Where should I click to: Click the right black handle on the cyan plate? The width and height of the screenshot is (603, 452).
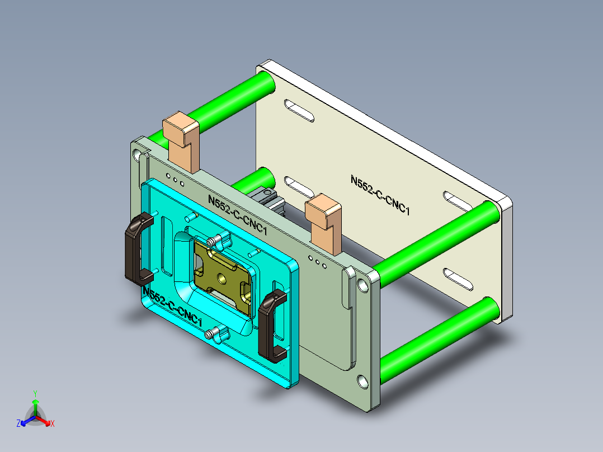272,324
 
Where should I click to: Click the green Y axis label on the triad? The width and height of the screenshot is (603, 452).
35,393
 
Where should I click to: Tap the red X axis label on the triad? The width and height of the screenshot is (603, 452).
53,423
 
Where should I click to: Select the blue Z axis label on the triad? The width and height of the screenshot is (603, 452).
18,423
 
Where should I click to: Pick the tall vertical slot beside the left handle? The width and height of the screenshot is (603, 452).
167,246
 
